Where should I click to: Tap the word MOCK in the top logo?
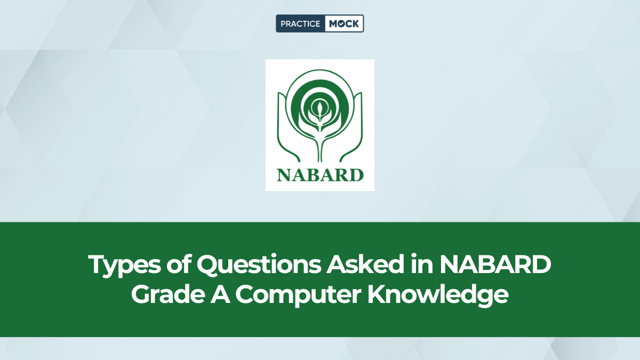point(343,23)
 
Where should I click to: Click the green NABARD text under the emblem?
point(319,174)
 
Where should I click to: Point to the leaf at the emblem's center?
point(319,110)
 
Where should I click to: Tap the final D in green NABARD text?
point(356,174)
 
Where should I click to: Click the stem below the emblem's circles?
point(319,147)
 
